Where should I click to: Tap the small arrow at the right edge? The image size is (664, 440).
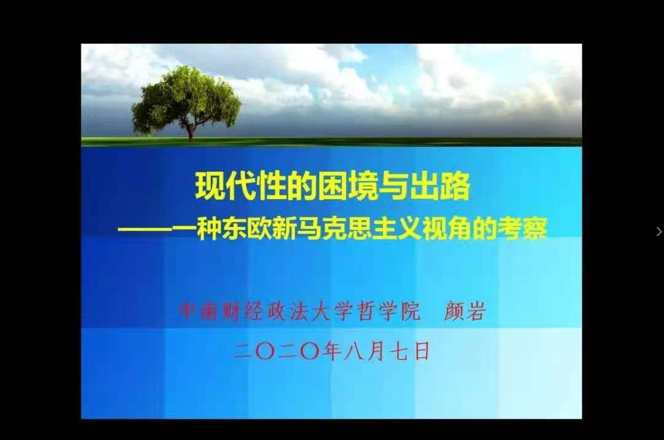[659, 232]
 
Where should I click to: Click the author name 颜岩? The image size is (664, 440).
[464, 311]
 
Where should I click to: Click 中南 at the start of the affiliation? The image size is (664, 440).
[199, 311]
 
